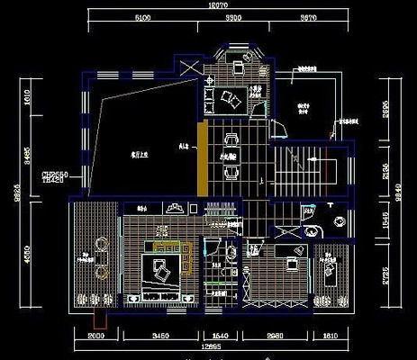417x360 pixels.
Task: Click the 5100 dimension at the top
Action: (142, 17)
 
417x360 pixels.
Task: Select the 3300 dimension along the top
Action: (234, 17)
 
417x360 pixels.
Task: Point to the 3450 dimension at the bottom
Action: (163, 337)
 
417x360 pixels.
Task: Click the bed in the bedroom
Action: (164, 267)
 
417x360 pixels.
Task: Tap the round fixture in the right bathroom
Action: (340, 221)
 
